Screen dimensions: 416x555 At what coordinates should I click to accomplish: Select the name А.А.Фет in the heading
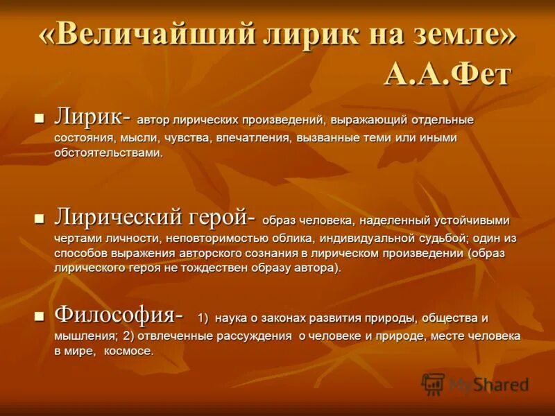tap(447, 74)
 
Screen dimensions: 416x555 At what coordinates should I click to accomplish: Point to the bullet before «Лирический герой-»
tap(40, 218)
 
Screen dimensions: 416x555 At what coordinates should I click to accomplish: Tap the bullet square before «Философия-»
tap(40, 315)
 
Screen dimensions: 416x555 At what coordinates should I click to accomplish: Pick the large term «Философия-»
tap(119, 315)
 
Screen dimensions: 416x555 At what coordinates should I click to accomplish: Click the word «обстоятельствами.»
tap(109, 153)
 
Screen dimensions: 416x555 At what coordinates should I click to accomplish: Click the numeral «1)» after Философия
tap(203, 318)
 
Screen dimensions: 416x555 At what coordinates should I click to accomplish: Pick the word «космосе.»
tap(129, 351)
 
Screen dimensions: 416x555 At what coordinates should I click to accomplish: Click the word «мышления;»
tap(78, 336)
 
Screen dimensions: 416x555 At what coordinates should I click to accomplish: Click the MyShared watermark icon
tap(434, 383)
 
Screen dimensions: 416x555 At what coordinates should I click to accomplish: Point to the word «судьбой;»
tap(443, 237)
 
